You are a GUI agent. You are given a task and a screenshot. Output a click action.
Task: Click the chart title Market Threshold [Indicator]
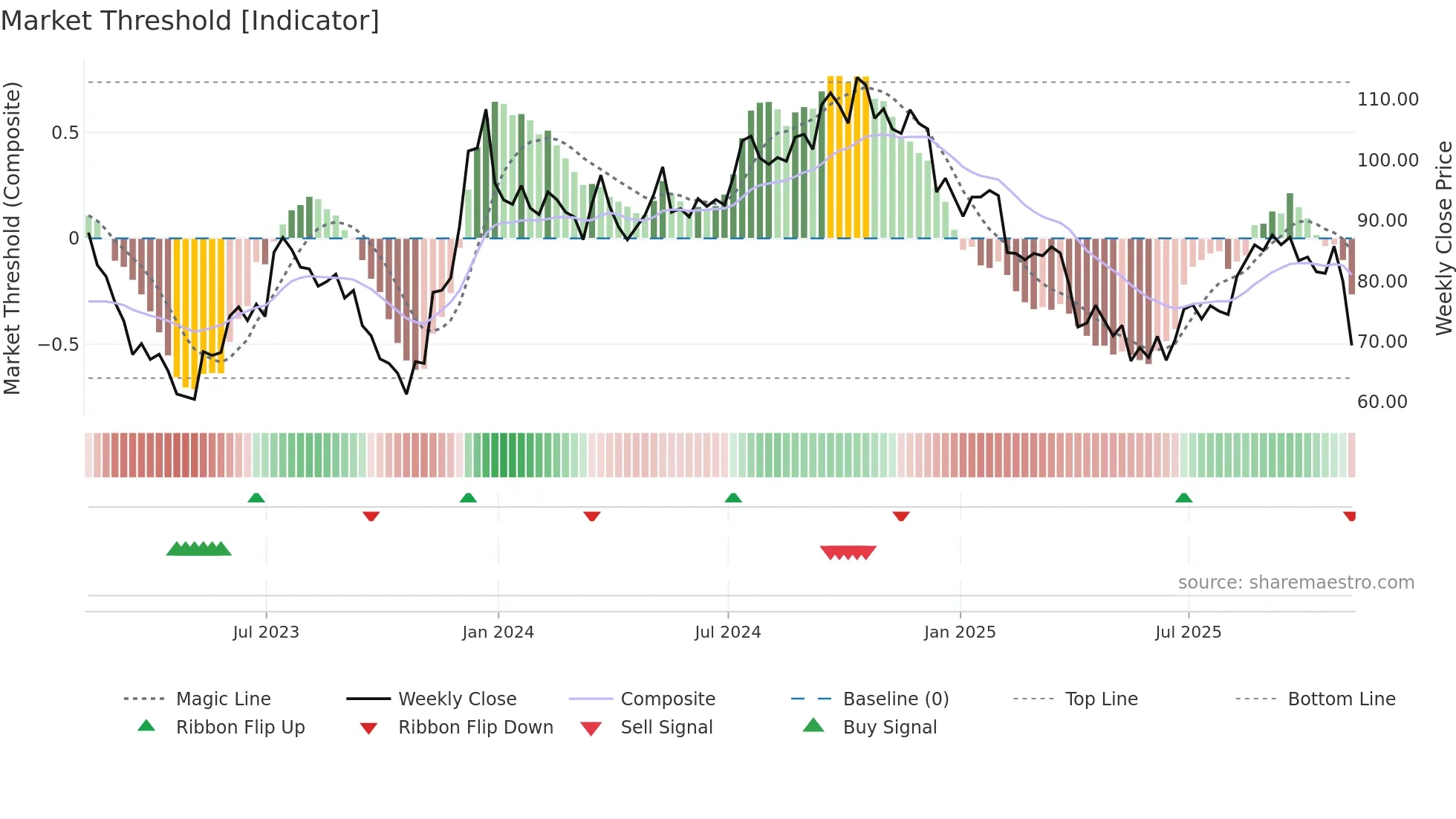[x=190, y=21]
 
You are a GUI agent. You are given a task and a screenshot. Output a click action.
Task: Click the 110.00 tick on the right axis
[x=1387, y=100]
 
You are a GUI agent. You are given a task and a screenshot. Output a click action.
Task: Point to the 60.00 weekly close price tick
[x=1382, y=402]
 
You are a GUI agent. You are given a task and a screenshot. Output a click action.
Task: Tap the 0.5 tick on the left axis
[x=65, y=133]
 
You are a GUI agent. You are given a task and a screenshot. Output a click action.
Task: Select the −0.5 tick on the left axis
[x=58, y=345]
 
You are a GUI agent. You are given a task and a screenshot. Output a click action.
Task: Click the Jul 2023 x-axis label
[x=266, y=632]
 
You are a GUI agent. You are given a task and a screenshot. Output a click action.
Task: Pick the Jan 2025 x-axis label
[x=960, y=632]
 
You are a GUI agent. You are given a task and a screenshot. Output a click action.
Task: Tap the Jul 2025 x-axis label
[x=1188, y=632]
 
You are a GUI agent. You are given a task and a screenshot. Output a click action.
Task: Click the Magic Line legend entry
[x=223, y=699]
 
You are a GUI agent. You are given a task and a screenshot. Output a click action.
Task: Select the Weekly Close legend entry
[x=457, y=699]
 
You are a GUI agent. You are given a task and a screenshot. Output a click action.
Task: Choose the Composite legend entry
[x=668, y=699]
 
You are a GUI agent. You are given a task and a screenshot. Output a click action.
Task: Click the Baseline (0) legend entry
[x=895, y=699]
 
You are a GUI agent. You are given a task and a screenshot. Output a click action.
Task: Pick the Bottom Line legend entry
[x=1341, y=699]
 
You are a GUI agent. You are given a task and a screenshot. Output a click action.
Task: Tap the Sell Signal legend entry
[x=666, y=728]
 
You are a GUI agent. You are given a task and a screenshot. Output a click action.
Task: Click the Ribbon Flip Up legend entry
[x=240, y=728]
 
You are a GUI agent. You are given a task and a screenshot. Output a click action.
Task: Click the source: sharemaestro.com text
[x=1296, y=583]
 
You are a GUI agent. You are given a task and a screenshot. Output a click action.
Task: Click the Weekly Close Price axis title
[x=1443, y=238]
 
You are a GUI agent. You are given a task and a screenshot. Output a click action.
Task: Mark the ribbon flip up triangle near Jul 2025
[x=1183, y=498]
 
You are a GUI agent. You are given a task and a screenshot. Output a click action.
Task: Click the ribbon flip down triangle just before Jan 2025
[x=901, y=516]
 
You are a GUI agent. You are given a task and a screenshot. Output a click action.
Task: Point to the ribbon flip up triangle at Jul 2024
[x=733, y=498]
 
